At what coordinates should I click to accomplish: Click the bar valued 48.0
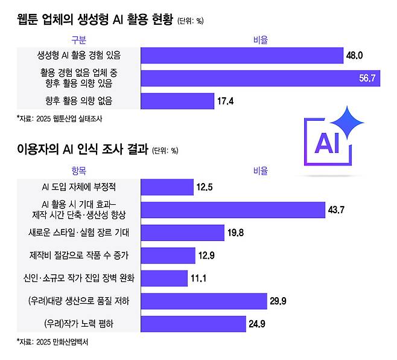(x=241, y=56)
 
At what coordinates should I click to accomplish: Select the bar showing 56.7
(x=259, y=79)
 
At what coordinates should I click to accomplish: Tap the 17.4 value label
(x=224, y=101)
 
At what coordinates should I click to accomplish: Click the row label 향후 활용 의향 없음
(x=79, y=101)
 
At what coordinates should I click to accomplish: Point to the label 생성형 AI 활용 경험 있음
(x=79, y=56)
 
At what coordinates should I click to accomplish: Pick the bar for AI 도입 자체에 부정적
(x=167, y=187)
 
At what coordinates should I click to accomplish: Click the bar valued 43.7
(x=233, y=210)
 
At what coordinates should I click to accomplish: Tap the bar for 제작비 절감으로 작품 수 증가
(x=168, y=256)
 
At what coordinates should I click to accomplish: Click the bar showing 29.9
(x=203, y=301)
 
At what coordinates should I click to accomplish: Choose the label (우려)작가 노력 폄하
(x=79, y=324)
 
